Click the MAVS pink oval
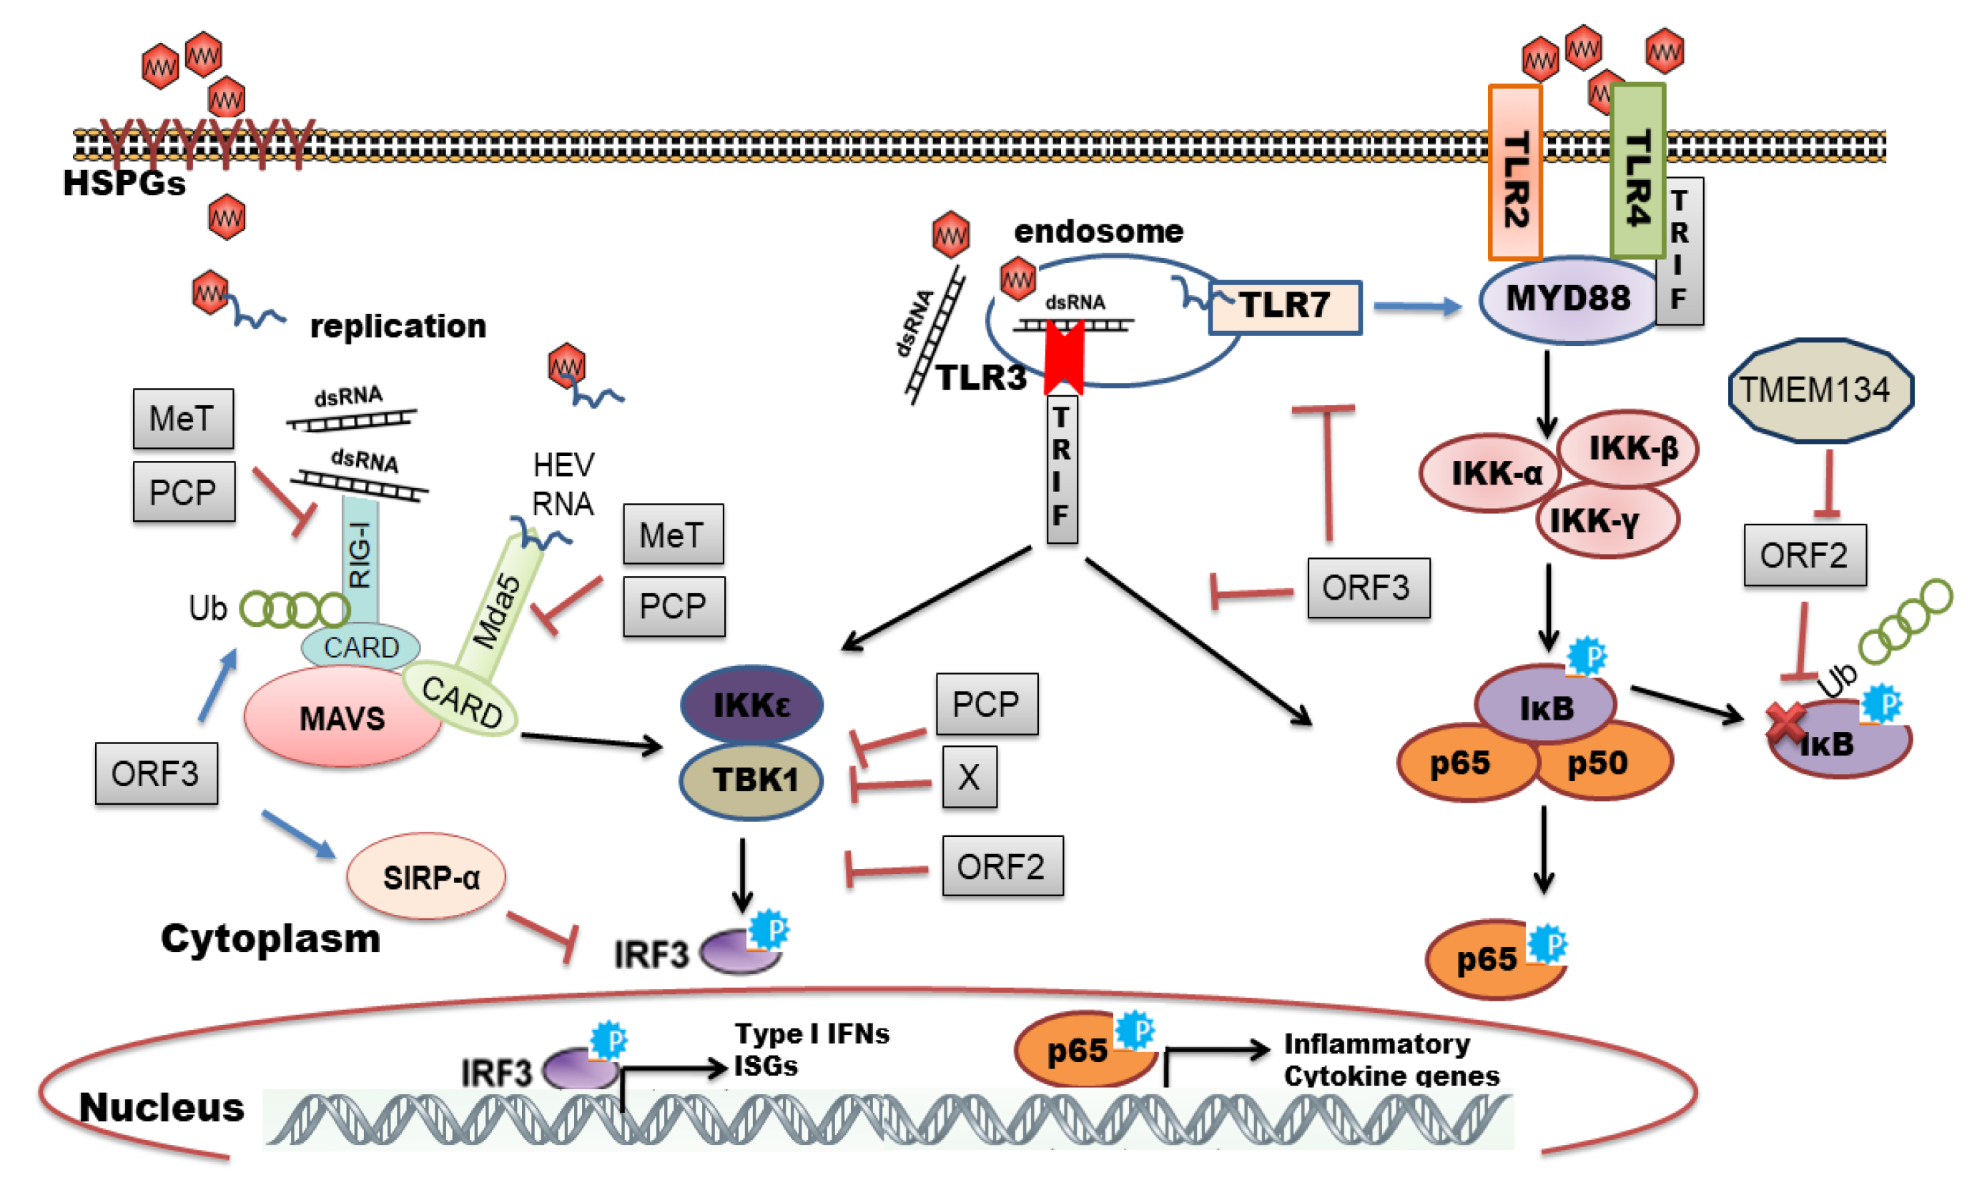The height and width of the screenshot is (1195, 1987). (x=342, y=717)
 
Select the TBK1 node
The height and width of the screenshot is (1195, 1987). (x=751, y=780)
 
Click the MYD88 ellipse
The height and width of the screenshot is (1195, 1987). (x=1569, y=299)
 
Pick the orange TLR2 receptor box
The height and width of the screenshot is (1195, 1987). (x=1515, y=172)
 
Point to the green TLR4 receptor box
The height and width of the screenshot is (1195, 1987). (x=1637, y=171)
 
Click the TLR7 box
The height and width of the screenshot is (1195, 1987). (x=1286, y=307)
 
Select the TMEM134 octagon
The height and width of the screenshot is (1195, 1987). (x=1820, y=390)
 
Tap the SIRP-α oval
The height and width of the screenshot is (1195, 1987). (x=426, y=876)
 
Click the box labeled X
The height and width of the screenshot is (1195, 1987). (x=970, y=776)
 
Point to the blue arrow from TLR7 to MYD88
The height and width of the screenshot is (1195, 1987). (x=1418, y=306)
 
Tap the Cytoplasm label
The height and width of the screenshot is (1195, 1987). (x=270, y=939)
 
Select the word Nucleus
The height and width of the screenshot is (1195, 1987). (x=162, y=1107)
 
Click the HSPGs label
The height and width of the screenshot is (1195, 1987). (x=125, y=183)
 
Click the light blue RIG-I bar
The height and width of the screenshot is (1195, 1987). (x=360, y=559)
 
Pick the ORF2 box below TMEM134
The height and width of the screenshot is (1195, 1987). (x=1805, y=555)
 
